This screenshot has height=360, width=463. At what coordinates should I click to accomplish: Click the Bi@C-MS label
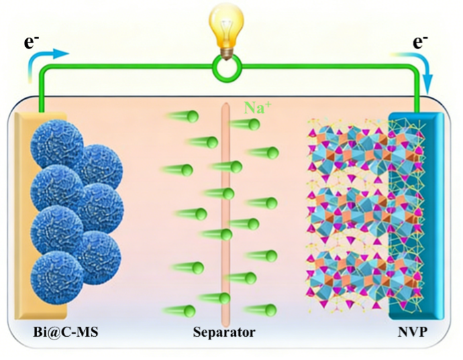(66, 332)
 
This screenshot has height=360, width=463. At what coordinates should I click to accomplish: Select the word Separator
(224, 332)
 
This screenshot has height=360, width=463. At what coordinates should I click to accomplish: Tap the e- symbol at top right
(420, 43)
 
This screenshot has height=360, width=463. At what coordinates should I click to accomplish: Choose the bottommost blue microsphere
(57, 277)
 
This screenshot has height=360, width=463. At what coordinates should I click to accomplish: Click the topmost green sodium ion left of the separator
(193, 117)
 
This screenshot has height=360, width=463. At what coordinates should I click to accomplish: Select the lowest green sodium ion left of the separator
(189, 310)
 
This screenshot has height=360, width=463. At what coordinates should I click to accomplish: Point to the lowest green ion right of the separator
(269, 309)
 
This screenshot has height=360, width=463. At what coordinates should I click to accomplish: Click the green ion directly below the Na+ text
(253, 124)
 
